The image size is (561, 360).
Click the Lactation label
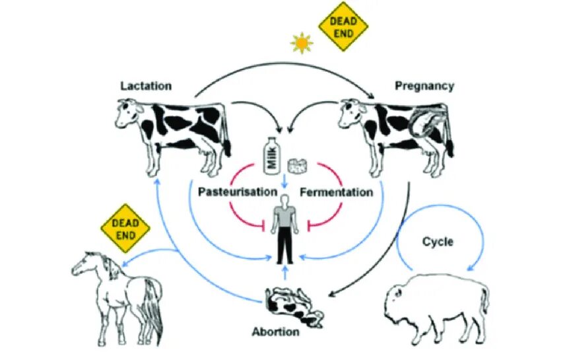tap(146, 86)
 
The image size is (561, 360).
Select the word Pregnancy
tap(424, 86)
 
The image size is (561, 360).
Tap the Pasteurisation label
tap(237, 192)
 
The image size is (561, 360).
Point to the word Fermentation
tap(336, 192)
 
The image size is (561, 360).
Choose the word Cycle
tap(438, 242)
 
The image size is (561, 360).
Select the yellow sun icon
tap(302, 44)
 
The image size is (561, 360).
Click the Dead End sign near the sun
tap(343, 26)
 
